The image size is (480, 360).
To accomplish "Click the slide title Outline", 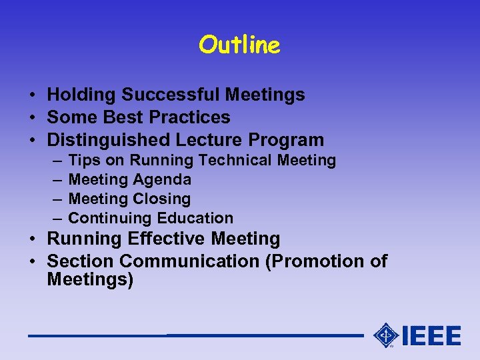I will [x=239, y=45].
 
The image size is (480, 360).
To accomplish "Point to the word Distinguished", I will [x=109, y=140].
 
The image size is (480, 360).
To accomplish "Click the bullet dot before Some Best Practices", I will [x=33, y=118].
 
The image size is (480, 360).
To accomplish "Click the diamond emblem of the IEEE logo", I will [x=386, y=335].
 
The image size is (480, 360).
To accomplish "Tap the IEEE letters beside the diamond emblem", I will [x=431, y=335].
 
